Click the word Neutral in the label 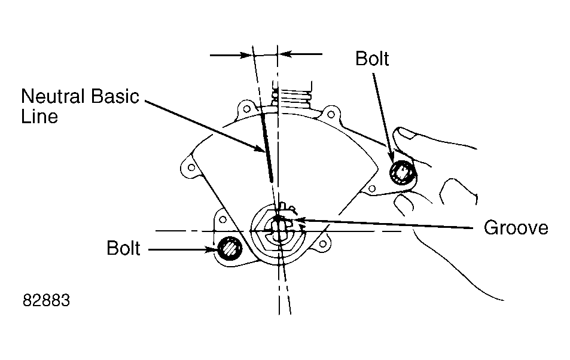(x=54, y=96)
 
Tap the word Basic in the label (x=115, y=96)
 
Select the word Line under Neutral (x=39, y=117)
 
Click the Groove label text (x=516, y=228)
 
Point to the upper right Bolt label (x=372, y=59)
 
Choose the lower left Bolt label (x=123, y=248)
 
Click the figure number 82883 (x=46, y=301)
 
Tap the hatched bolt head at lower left (x=230, y=248)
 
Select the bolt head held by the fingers (x=403, y=172)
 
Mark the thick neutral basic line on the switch (x=266, y=148)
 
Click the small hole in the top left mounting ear (x=246, y=108)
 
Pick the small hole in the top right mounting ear (x=331, y=115)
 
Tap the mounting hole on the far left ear (x=191, y=167)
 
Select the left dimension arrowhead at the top (x=247, y=55)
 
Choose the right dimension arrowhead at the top (x=284, y=54)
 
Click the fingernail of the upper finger (x=406, y=133)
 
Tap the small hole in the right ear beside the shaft (x=322, y=243)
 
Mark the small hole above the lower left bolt (x=223, y=219)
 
